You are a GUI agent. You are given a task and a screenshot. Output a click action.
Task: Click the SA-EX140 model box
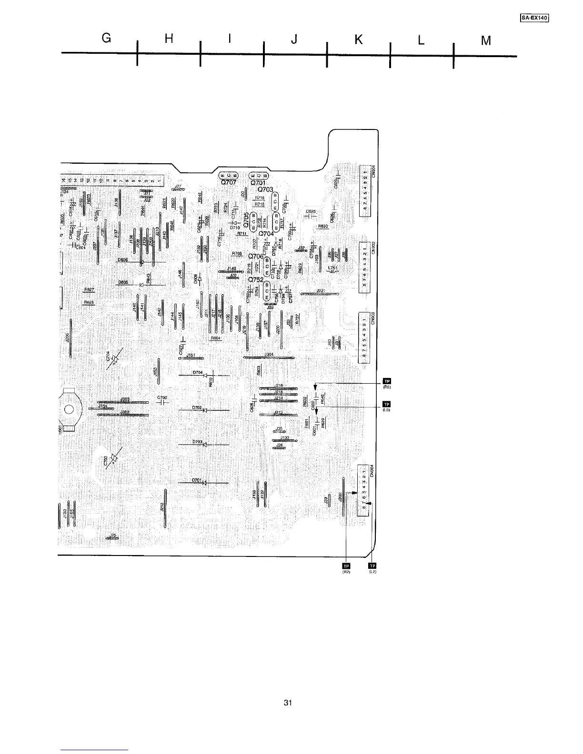(534, 18)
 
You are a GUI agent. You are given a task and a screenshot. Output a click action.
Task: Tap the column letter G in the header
(107, 40)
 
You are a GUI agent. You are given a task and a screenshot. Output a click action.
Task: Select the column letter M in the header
(486, 41)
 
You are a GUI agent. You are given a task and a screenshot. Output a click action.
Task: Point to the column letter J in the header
(294, 40)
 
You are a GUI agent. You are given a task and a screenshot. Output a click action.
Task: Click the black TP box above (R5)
(387, 380)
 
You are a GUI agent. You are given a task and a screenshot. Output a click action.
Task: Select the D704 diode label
(198, 372)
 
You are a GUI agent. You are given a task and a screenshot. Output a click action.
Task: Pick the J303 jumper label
(125, 399)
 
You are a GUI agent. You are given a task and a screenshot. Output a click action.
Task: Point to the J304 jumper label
(269, 354)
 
